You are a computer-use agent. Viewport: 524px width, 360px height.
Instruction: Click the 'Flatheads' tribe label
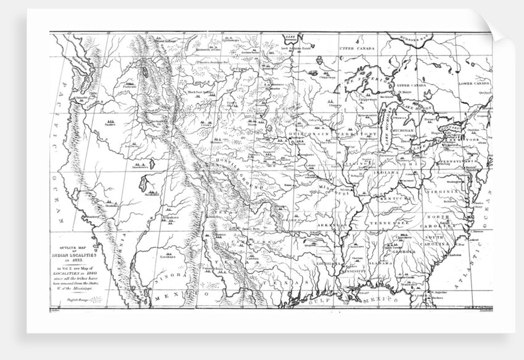click(x=129, y=88)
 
